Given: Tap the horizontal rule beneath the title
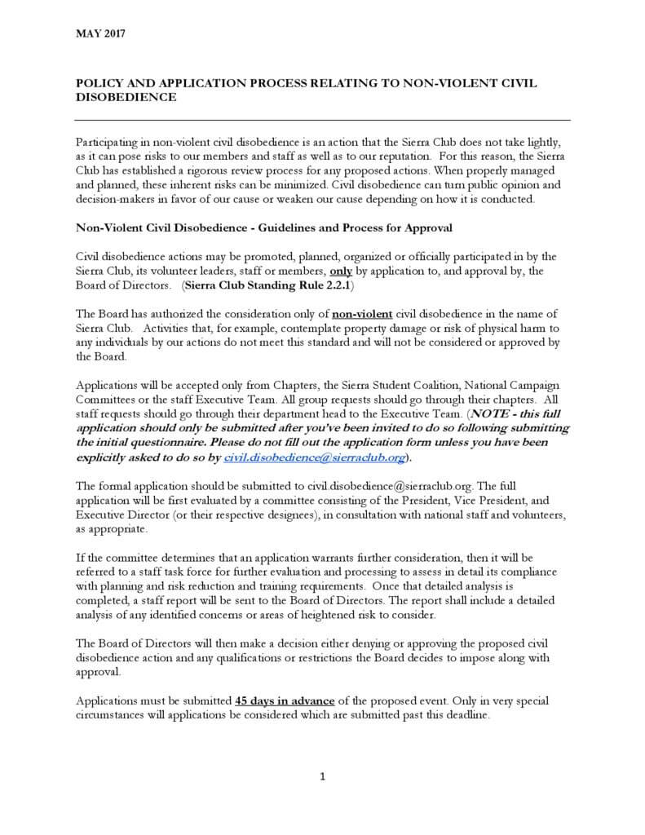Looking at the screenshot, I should click(x=322, y=119).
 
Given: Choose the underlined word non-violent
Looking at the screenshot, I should click(x=362, y=314).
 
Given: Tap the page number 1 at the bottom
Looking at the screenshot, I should click(x=323, y=776).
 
